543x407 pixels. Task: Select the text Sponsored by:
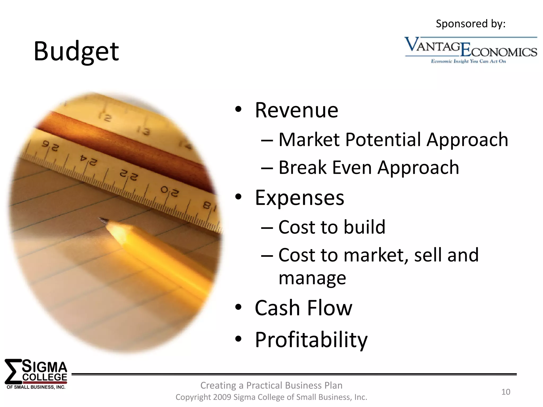coord(471,24)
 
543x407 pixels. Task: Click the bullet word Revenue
coord(296,110)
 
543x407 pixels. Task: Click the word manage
coord(312,278)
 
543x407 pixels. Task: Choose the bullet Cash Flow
coord(303,308)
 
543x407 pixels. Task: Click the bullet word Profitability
coord(311,340)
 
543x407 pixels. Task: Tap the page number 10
coord(506,392)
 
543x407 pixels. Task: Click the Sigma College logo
coord(36,374)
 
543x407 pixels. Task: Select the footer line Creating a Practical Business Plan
coord(271,385)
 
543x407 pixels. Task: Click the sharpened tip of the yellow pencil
coord(103,220)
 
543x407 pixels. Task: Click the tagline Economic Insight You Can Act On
coord(468,61)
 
